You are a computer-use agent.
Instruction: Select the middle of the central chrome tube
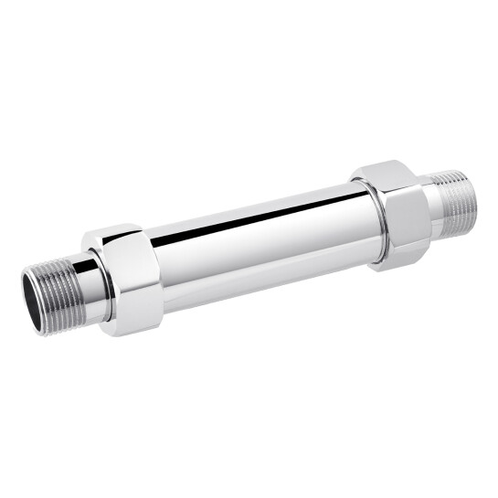click(x=260, y=242)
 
